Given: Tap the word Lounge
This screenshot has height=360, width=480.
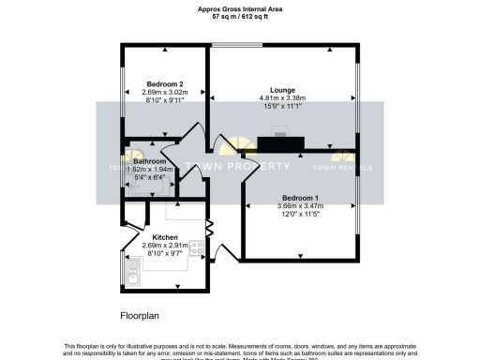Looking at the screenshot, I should point(283,90).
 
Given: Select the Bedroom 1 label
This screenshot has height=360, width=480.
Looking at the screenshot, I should point(301,198).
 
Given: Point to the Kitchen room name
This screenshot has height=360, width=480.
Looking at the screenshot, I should point(165,237).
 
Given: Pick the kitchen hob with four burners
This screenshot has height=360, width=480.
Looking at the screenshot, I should point(198,248).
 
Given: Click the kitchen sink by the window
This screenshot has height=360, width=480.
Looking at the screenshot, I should point(130,272).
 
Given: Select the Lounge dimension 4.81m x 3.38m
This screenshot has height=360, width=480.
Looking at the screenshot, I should point(283,98).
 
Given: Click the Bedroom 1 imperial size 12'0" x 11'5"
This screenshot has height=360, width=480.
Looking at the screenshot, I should point(301,215).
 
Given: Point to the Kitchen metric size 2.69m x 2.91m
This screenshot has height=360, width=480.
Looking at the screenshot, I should point(165,246).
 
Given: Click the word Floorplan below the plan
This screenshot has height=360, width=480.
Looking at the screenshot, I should point(142,314).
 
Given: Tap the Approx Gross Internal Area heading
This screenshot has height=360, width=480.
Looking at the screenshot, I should point(240,9).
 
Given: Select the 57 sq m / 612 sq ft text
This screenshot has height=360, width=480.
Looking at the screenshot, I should point(240,17).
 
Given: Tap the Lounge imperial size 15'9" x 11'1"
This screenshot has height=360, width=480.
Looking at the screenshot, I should point(283,107).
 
